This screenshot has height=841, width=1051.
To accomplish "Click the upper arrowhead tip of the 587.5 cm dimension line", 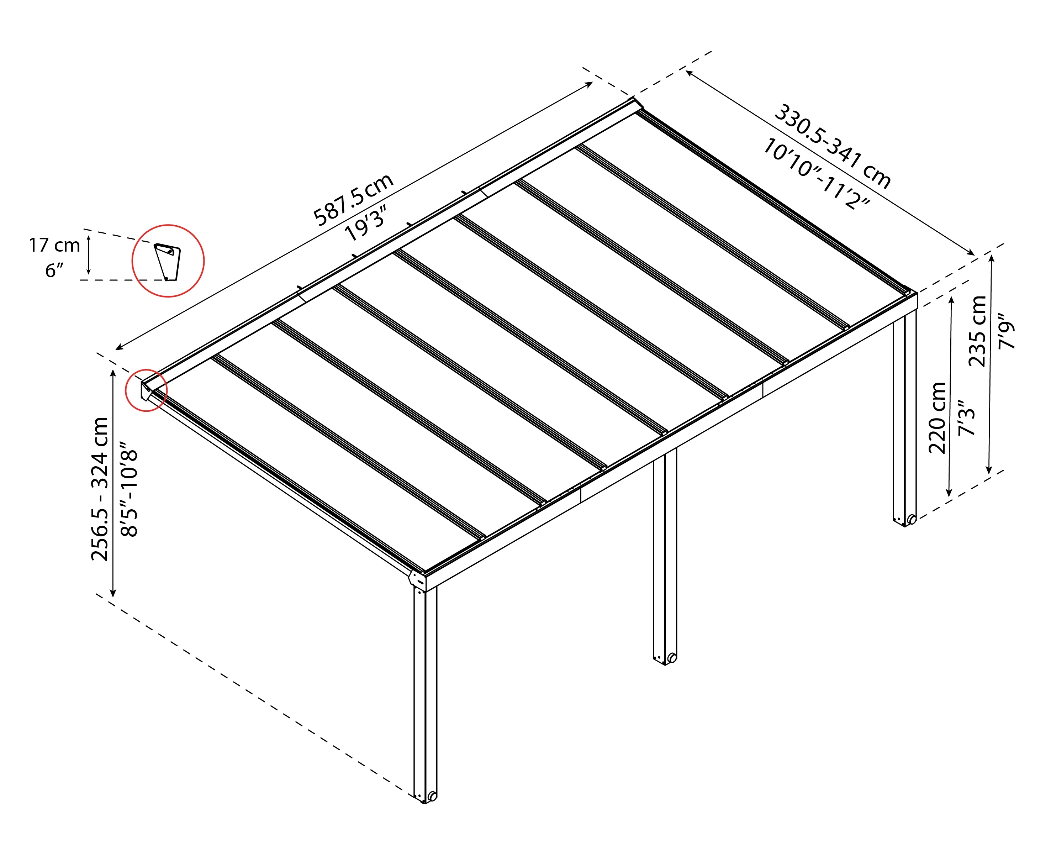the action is point(593,83).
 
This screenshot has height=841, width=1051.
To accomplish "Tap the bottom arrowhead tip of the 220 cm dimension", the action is point(949,497).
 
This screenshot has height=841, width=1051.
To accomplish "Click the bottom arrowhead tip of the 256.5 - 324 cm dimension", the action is point(112,597).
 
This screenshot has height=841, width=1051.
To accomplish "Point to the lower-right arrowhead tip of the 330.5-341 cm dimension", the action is point(975,255).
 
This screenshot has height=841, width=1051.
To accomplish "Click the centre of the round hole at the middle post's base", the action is point(672,658).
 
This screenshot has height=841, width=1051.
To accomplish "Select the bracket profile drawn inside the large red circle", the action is point(167,262).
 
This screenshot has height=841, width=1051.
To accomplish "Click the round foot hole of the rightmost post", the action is point(912,520).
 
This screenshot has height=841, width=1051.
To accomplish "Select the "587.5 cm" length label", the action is point(353,199).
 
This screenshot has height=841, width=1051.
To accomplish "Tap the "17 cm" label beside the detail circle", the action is point(54,245).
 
